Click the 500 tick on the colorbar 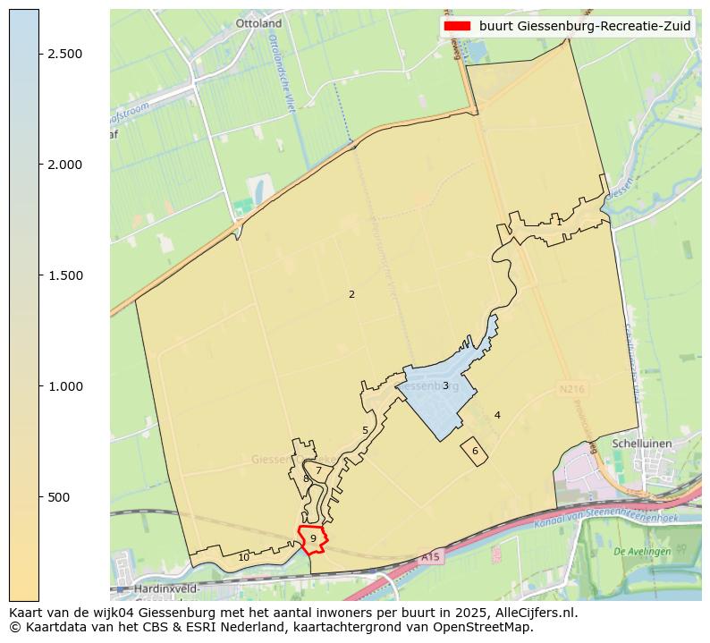pos(59,497)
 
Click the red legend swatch pos(456,26)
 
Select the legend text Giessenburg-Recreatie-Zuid pos(584,26)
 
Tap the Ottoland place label pos(258,23)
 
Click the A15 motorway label pos(431,556)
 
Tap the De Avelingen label pos(642,552)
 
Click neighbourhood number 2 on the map pos(351,294)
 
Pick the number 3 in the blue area pos(445,385)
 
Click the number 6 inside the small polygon pos(475,451)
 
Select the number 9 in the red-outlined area pos(313,537)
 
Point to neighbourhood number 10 pos(243,557)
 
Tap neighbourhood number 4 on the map pos(497,415)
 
